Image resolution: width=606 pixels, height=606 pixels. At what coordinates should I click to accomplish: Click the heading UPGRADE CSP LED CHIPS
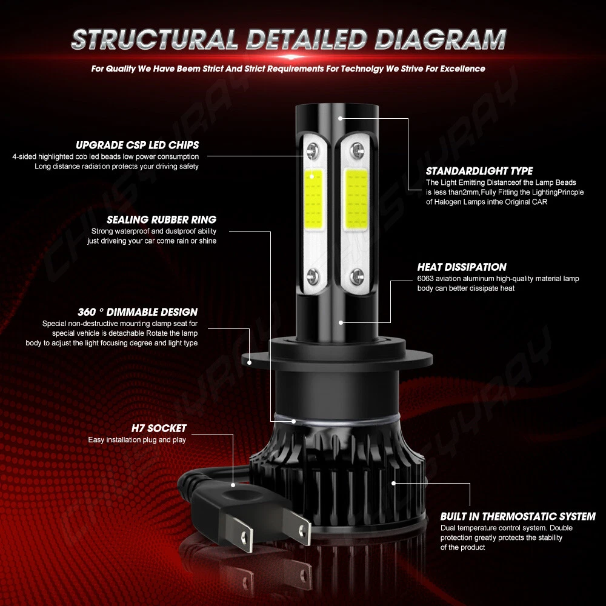[137, 145]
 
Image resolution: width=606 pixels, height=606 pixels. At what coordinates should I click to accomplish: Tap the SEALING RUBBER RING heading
[162, 219]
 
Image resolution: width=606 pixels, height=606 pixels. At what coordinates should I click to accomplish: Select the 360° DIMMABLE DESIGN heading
[138, 312]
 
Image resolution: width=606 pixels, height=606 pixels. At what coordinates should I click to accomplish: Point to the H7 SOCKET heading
[159, 428]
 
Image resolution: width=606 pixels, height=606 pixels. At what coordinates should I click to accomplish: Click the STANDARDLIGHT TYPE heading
[479, 171]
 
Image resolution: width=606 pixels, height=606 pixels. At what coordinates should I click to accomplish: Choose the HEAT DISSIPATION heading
[462, 267]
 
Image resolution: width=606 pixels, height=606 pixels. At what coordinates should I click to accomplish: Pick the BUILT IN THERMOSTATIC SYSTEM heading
[518, 516]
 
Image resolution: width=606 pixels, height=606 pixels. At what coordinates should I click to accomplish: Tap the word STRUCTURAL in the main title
[155, 39]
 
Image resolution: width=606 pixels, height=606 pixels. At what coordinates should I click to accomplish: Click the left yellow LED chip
[313, 199]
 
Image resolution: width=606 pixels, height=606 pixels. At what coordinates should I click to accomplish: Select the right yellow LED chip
[356, 199]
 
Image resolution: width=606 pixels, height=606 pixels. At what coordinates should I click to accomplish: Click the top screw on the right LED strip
[357, 149]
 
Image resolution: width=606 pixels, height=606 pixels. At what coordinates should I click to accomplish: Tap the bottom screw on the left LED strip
[313, 276]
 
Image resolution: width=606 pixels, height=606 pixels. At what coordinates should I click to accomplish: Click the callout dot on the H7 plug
[233, 485]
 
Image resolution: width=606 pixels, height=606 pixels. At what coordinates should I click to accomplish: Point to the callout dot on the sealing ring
[294, 421]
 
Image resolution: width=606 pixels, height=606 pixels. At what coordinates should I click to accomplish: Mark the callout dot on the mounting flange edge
[249, 362]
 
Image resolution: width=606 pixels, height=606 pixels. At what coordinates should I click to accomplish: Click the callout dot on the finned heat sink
[393, 483]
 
